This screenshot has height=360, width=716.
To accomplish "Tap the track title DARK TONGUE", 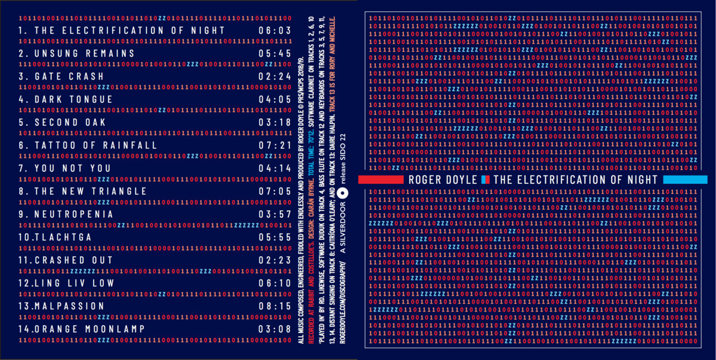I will click(74, 99).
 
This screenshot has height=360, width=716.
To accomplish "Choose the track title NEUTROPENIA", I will click(74, 214).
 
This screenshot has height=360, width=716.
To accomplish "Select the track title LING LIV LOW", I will click(75, 283).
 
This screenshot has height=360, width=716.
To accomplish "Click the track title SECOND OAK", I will click(70, 122).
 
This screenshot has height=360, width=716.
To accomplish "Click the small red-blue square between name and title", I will click(486, 180).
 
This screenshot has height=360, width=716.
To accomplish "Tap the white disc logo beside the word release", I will click(342, 192).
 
